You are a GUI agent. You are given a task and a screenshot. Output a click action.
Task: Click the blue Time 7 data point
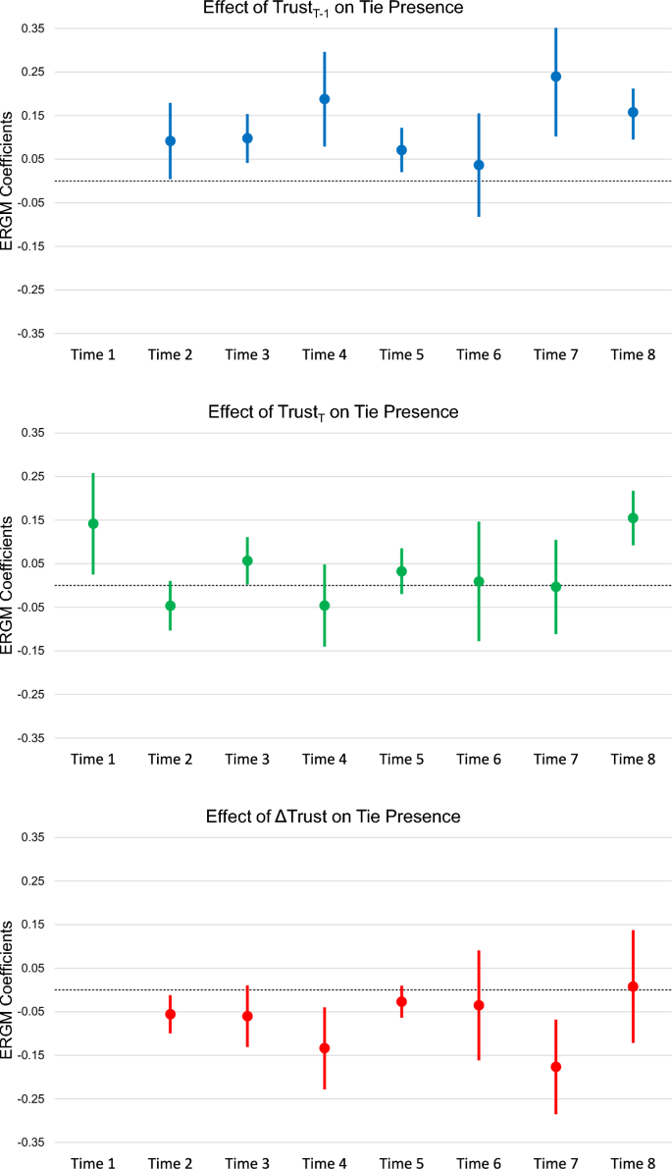click(555, 77)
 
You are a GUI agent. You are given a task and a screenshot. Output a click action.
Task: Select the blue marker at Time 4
click(324, 99)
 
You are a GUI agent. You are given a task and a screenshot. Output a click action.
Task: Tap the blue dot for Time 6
click(479, 165)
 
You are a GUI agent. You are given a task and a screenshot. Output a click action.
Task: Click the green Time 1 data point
click(93, 524)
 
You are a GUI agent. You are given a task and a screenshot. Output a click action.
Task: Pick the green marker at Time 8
click(633, 518)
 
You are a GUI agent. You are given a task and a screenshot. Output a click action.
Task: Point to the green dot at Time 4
click(324, 606)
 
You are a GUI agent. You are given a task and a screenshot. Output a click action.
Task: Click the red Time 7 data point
click(555, 1067)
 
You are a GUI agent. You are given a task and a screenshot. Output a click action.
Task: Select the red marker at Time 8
click(633, 986)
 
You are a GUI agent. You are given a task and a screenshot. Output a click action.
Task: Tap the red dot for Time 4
click(324, 1048)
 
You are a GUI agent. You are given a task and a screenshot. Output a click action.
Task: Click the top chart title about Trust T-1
click(334, 9)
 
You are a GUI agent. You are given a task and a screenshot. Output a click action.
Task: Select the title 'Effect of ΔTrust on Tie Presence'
click(334, 817)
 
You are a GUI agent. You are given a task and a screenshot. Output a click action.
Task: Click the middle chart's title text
click(334, 412)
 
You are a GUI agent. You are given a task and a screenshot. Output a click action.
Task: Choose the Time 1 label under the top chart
click(93, 354)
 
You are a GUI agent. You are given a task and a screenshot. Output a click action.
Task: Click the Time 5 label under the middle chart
click(401, 759)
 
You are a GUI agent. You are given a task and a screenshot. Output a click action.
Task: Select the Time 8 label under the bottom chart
click(633, 1163)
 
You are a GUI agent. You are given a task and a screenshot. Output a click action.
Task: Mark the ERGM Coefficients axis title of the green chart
click(9, 585)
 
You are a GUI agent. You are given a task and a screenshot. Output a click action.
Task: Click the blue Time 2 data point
click(170, 141)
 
